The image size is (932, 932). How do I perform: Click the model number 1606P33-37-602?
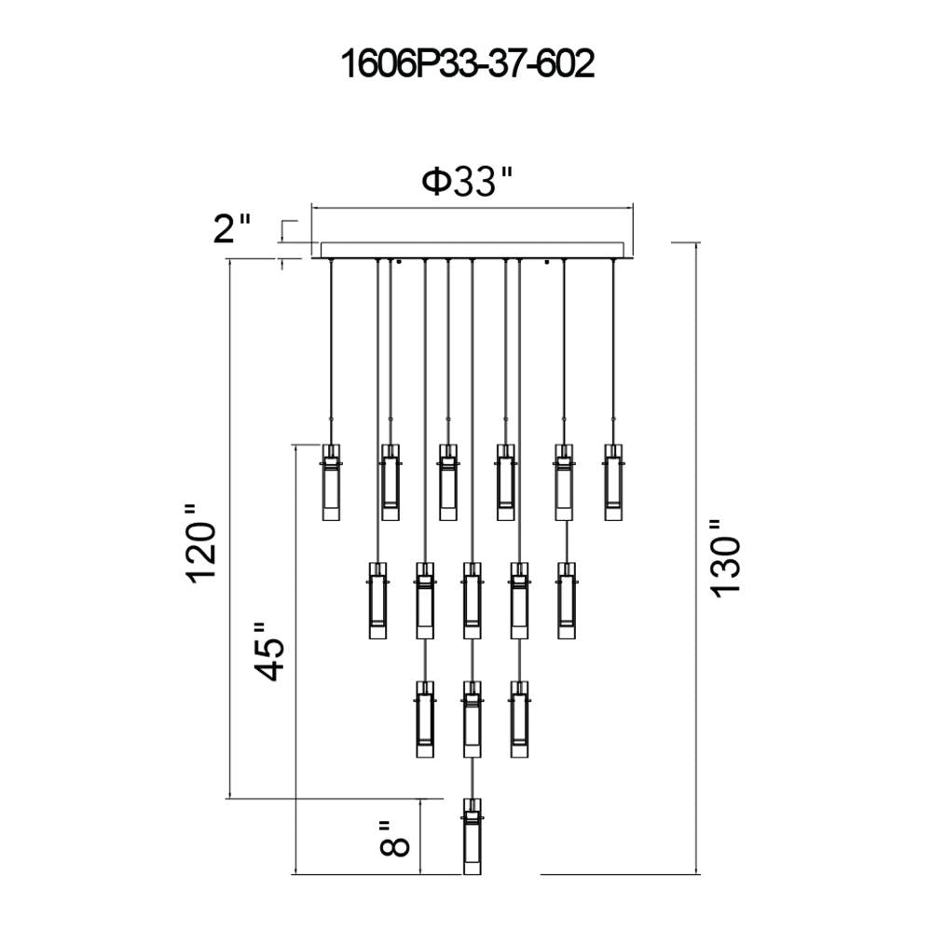(x=467, y=64)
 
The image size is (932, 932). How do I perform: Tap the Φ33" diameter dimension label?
(x=467, y=181)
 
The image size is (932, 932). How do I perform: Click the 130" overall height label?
(x=725, y=557)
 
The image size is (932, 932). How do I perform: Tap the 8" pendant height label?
(x=394, y=838)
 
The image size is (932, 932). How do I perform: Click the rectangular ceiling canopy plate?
(x=473, y=250)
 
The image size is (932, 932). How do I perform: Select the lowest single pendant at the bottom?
(x=472, y=836)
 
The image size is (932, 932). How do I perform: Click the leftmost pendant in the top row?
(x=331, y=482)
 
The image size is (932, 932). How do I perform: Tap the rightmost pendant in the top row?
(x=613, y=482)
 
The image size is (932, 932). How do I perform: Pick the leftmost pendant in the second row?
(x=377, y=600)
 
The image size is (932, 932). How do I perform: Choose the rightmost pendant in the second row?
(x=567, y=600)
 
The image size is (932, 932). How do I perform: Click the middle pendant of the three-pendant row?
(x=472, y=719)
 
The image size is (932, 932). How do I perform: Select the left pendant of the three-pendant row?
(x=424, y=719)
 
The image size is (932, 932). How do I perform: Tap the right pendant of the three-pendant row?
(x=519, y=719)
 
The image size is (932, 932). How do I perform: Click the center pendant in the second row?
(x=472, y=600)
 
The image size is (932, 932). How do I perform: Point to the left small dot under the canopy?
(x=400, y=262)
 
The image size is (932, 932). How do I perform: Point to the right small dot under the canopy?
(x=547, y=262)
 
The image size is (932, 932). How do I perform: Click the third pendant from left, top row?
(x=448, y=482)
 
